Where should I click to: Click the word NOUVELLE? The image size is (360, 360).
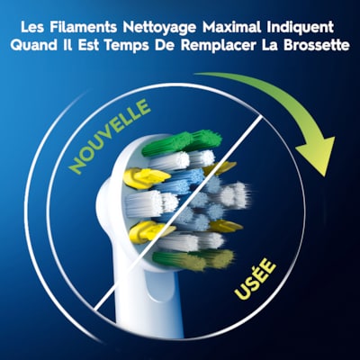[110, 137]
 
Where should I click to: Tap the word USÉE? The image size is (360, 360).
[256, 280]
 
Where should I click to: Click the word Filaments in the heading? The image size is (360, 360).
[83, 27]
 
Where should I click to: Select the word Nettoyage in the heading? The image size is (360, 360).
[159, 28]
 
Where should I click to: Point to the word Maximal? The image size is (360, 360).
[232, 27]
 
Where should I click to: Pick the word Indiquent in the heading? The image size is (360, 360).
[300, 28]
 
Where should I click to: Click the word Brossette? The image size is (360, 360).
[316, 46]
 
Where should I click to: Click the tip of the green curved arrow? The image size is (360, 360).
[324, 176]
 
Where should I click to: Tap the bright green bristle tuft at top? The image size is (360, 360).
[182, 142]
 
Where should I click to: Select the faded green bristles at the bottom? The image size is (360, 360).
[193, 258]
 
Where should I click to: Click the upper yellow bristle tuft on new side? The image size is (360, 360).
[146, 178]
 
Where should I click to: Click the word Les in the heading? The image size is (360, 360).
[32, 27]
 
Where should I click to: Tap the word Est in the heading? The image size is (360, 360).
[88, 46]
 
